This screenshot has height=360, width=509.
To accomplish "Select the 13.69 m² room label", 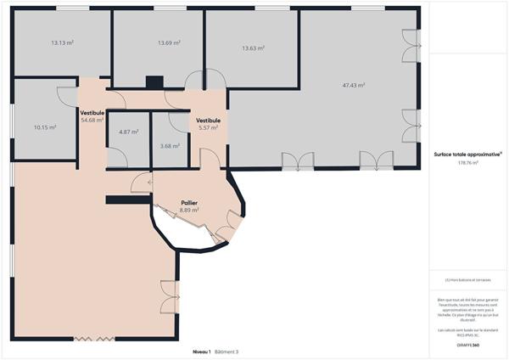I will (x=169, y=42).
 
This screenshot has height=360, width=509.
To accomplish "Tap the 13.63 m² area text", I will (x=253, y=48).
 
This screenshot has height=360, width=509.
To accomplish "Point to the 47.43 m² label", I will (x=354, y=85).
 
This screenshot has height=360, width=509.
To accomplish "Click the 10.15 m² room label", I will (x=45, y=127).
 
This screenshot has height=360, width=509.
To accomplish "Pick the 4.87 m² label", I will (x=129, y=132).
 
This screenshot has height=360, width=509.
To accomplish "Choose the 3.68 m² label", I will (x=170, y=145).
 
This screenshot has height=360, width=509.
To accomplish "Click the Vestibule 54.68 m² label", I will (x=92, y=115).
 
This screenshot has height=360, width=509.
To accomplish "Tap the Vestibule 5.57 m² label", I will (x=208, y=124).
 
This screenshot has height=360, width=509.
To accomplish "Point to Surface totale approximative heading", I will (x=467, y=154).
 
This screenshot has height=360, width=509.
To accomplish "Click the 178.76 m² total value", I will (x=467, y=162).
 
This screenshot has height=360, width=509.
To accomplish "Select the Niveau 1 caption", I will (x=201, y=351).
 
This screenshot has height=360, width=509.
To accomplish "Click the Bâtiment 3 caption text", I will (x=227, y=351).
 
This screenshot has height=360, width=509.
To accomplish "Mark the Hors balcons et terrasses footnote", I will (x=467, y=279).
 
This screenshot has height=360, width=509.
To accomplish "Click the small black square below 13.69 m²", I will (x=154, y=82).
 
